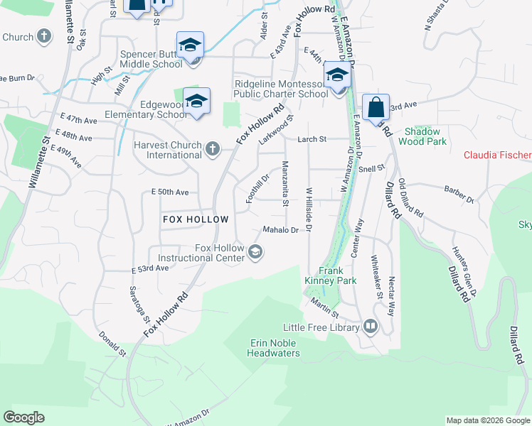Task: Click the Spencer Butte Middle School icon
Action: pos(190,45)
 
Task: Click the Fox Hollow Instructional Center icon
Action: pos(254,252)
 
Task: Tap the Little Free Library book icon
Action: pos(370,327)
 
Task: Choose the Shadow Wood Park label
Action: pos(426,136)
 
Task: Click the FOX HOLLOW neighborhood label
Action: pos(196,219)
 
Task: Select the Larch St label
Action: pos(312,139)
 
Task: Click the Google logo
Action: pos(23,417)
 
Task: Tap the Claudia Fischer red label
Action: pos(497,155)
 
